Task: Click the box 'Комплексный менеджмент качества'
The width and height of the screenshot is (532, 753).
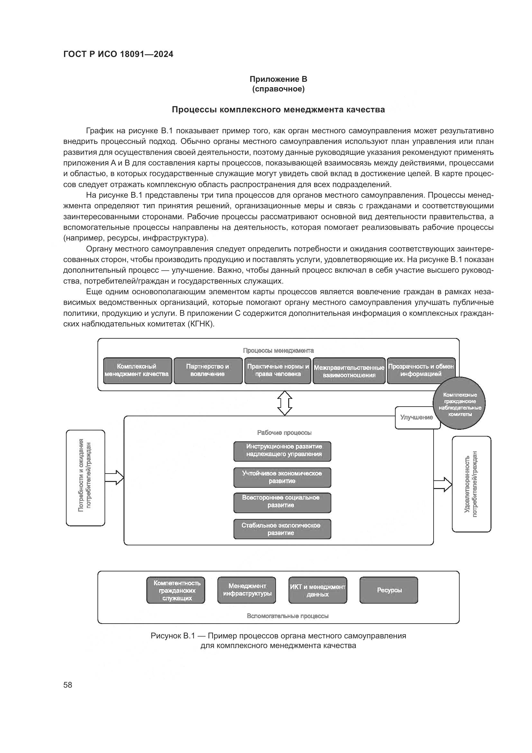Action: tap(137, 371)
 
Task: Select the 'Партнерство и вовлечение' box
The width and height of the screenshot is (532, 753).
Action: tap(208, 371)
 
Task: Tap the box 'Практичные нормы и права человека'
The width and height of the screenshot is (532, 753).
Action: tap(278, 371)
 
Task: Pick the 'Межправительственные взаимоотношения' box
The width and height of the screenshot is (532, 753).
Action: tap(349, 371)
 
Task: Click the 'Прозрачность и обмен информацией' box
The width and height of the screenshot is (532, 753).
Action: tap(421, 371)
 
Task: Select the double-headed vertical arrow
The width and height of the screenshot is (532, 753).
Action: tap(285, 403)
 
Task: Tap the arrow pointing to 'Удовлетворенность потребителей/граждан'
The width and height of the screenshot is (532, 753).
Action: tap(443, 485)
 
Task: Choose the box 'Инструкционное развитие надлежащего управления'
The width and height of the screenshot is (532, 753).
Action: tap(282, 451)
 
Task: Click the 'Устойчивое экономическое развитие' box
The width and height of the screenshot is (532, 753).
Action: tap(282, 477)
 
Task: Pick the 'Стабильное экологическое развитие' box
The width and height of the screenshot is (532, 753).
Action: tap(282, 529)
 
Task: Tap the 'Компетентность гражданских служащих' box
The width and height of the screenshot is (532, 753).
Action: tap(176, 590)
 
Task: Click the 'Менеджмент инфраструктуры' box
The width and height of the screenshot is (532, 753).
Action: tap(247, 590)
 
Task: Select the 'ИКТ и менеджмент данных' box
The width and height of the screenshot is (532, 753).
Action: tap(317, 590)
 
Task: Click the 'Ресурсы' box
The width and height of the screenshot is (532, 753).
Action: tap(389, 590)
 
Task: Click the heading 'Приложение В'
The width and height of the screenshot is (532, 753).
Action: tap(278, 79)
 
